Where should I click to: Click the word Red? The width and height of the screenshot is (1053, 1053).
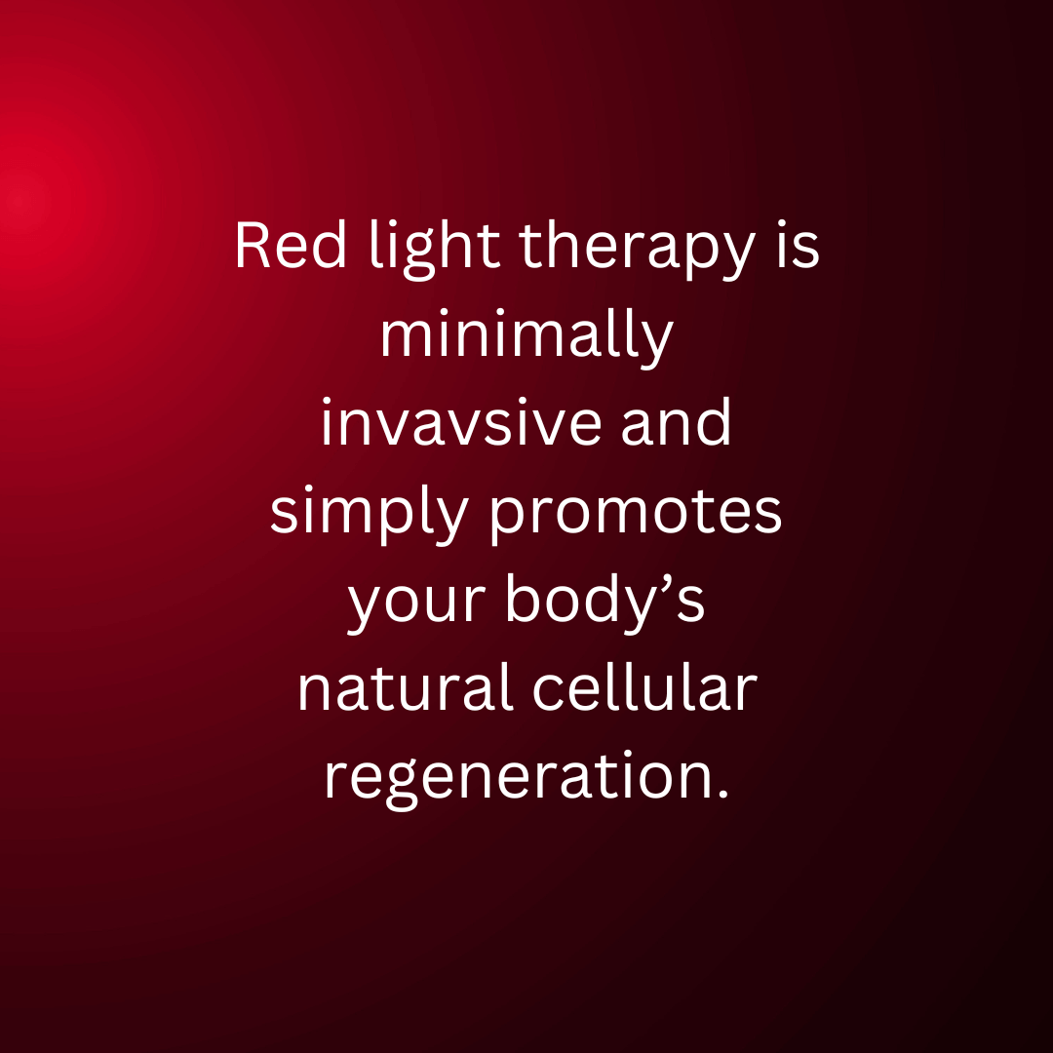click(x=291, y=245)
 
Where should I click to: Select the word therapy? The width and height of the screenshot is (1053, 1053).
click(x=637, y=250)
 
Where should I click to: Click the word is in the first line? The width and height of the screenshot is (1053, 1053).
click(x=798, y=245)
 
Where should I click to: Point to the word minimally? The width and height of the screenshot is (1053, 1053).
click(x=526, y=337)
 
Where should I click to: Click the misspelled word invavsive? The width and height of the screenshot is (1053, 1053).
click(x=460, y=422)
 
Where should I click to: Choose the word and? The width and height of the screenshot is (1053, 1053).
click(x=676, y=421)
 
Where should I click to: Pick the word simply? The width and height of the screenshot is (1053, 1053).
click(x=369, y=515)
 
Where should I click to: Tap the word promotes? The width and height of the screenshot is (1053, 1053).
click(x=636, y=515)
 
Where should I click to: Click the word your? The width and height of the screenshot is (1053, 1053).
click(x=415, y=603)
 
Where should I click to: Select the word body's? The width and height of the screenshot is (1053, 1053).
click(x=605, y=603)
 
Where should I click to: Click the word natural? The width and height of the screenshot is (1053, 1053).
click(x=405, y=687)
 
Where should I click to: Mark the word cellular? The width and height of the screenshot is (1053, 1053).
click(x=644, y=687)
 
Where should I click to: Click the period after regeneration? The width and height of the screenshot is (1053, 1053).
click(x=722, y=794)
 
